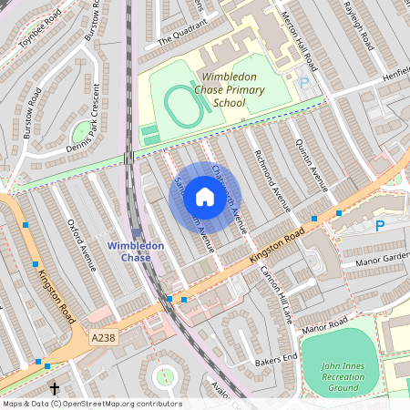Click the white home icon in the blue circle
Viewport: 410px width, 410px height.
pyautogui.click(x=205, y=197)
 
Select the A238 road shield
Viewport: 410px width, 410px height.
pyautogui.click(x=104, y=338)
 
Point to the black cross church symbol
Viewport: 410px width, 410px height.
pyautogui.click(x=55, y=389)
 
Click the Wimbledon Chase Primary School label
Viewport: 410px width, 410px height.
pyautogui.click(x=233, y=90)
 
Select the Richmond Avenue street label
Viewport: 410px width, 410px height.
pyautogui.click(x=272, y=180)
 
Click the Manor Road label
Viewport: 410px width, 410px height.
pyautogui.click(x=325, y=325)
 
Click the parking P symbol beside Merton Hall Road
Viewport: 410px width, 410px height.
pyautogui.click(x=304, y=82)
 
